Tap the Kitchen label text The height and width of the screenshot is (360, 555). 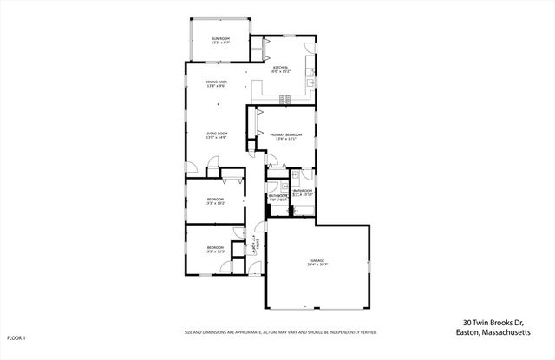click(x=280, y=67)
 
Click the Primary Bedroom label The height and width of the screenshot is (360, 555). click(x=285, y=134)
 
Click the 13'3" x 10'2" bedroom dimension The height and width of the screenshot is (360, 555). click(x=215, y=205)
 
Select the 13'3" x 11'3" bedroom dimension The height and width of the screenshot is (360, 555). click(x=215, y=253)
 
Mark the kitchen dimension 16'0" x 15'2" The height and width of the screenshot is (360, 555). click(x=280, y=72)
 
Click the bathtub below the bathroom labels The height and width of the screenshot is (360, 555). click(x=303, y=208)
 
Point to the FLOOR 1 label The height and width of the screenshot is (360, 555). click(x=16, y=337)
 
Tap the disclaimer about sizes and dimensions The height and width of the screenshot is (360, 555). click(x=280, y=331)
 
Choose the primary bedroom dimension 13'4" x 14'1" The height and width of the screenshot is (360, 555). click(x=285, y=140)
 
